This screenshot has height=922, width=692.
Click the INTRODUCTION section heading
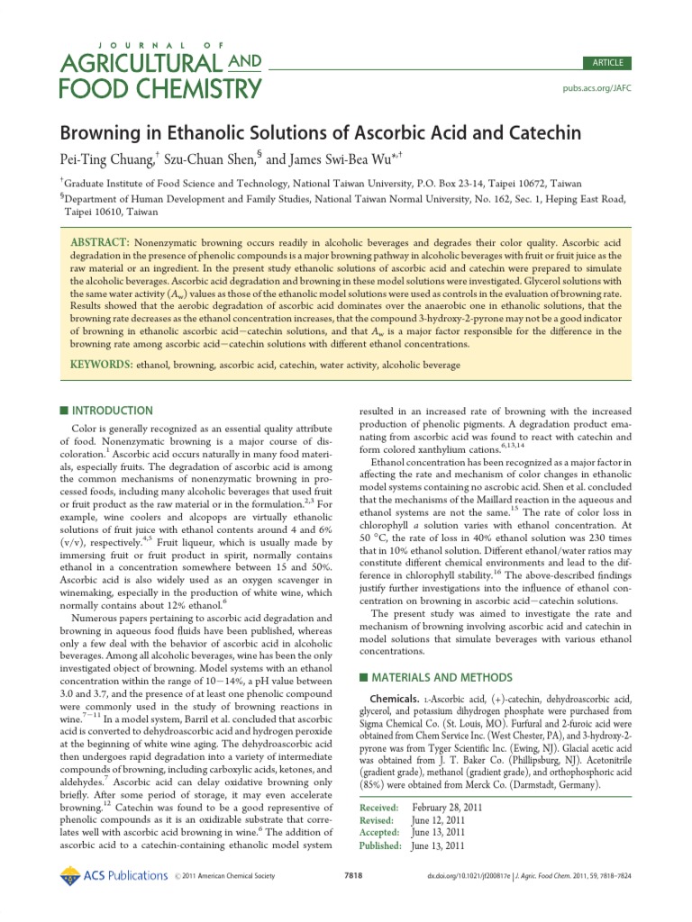click(112, 410)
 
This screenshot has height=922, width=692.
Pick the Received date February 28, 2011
click(447, 808)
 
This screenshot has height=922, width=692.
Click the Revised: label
click(378, 820)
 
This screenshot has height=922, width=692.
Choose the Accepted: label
click(381, 833)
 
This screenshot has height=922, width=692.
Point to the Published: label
click(383, 845)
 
